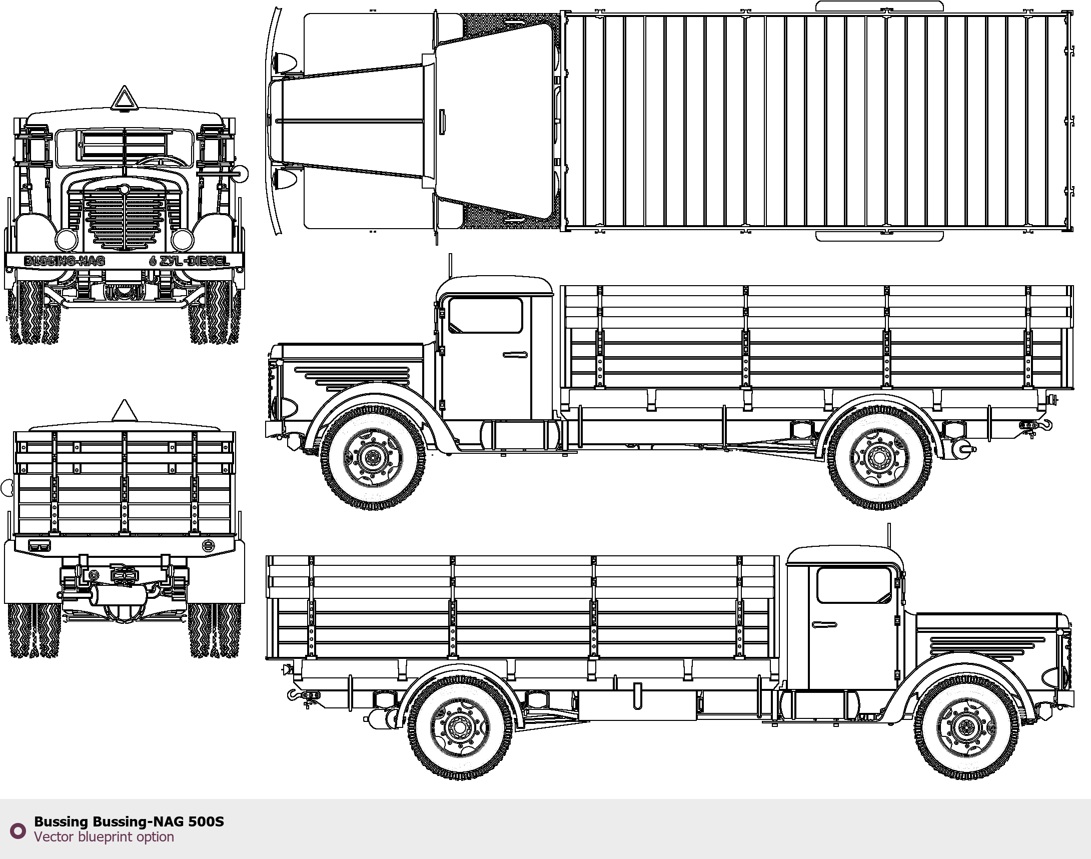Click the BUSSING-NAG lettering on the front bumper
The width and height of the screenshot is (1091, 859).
click(65, 261)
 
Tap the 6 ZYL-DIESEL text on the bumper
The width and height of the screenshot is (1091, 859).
click(189, 261)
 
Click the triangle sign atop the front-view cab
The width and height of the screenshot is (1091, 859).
click(124, 99)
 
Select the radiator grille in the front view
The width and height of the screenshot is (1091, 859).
click(125, 217)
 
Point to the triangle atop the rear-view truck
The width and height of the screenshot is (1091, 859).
click(124, 411)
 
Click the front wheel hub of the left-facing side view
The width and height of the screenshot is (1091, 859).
click(373, 457)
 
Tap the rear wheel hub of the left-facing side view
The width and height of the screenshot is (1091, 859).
click(879, 457)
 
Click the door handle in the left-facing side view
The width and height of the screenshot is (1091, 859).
click(515, 355)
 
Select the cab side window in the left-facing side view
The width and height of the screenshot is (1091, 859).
click(485, 315)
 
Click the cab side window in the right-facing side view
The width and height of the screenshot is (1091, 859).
click(854, 585)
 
